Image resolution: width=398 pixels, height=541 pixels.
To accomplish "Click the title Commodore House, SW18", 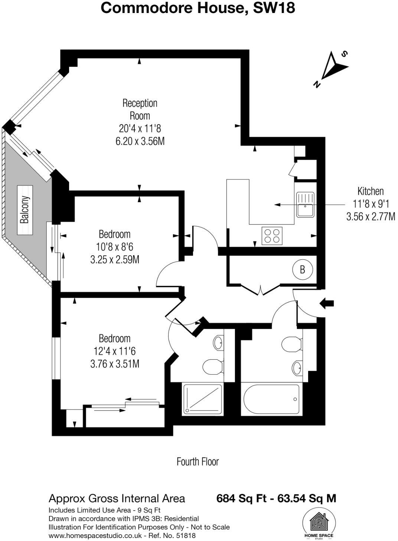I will [198, 8].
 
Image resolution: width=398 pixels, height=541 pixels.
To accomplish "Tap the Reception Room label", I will [140, 109].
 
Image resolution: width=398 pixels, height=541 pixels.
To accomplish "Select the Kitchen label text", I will [370, 191].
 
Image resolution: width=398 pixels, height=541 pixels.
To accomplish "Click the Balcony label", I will [25, 210].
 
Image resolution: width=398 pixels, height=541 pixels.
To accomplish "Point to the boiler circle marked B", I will [302, 269].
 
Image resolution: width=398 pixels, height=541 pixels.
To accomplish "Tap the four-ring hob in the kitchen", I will [271, 236].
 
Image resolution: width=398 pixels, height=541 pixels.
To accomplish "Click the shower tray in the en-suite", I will [202, 399].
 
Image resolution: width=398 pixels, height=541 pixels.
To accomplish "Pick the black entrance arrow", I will [327, 303].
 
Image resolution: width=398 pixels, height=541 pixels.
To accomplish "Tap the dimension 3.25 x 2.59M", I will [115, 259].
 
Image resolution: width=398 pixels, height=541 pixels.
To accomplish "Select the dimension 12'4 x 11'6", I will [115, 351].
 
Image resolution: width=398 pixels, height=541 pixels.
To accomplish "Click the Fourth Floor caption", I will [198, 462].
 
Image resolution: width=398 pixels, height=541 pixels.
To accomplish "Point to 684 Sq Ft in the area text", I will [241, 498].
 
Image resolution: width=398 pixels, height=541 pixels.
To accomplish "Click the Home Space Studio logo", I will [319, 523].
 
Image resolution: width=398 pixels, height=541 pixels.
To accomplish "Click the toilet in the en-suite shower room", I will [213, 366].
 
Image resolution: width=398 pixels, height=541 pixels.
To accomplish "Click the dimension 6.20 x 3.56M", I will [140, 142].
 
